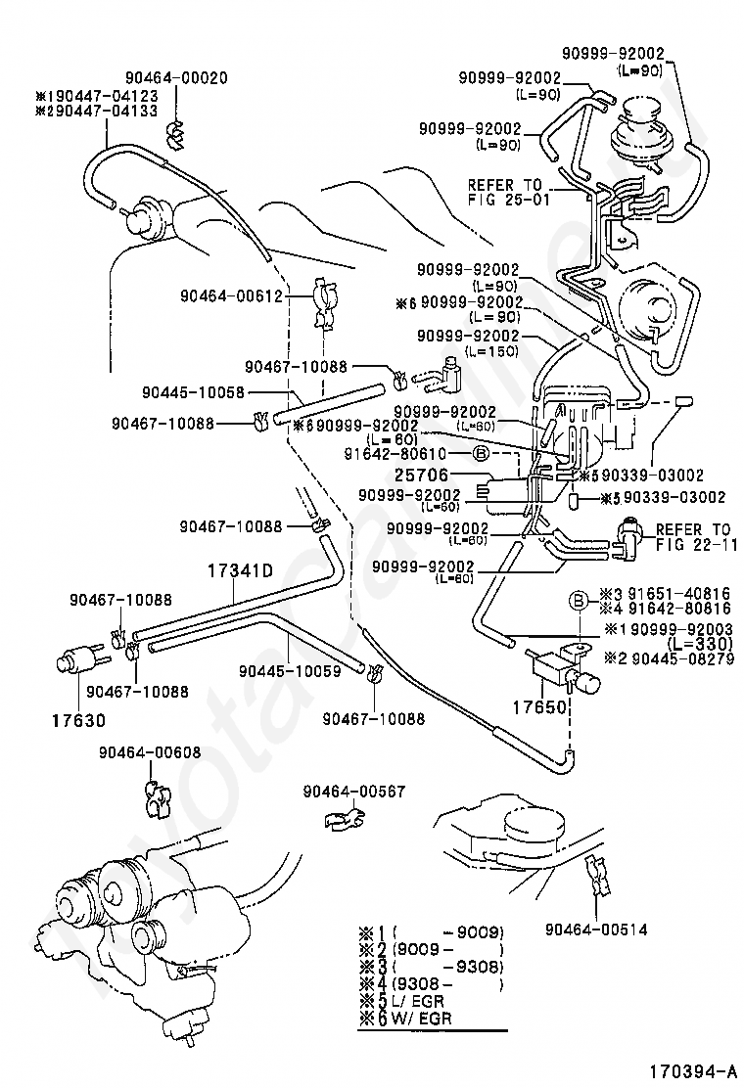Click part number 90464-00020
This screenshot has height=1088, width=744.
point(175,77)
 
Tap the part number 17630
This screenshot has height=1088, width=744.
point(77,721)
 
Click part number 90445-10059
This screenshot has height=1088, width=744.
point(291,671)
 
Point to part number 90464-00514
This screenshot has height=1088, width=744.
point(597,929)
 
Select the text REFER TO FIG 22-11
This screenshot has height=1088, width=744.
point(693,537)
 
